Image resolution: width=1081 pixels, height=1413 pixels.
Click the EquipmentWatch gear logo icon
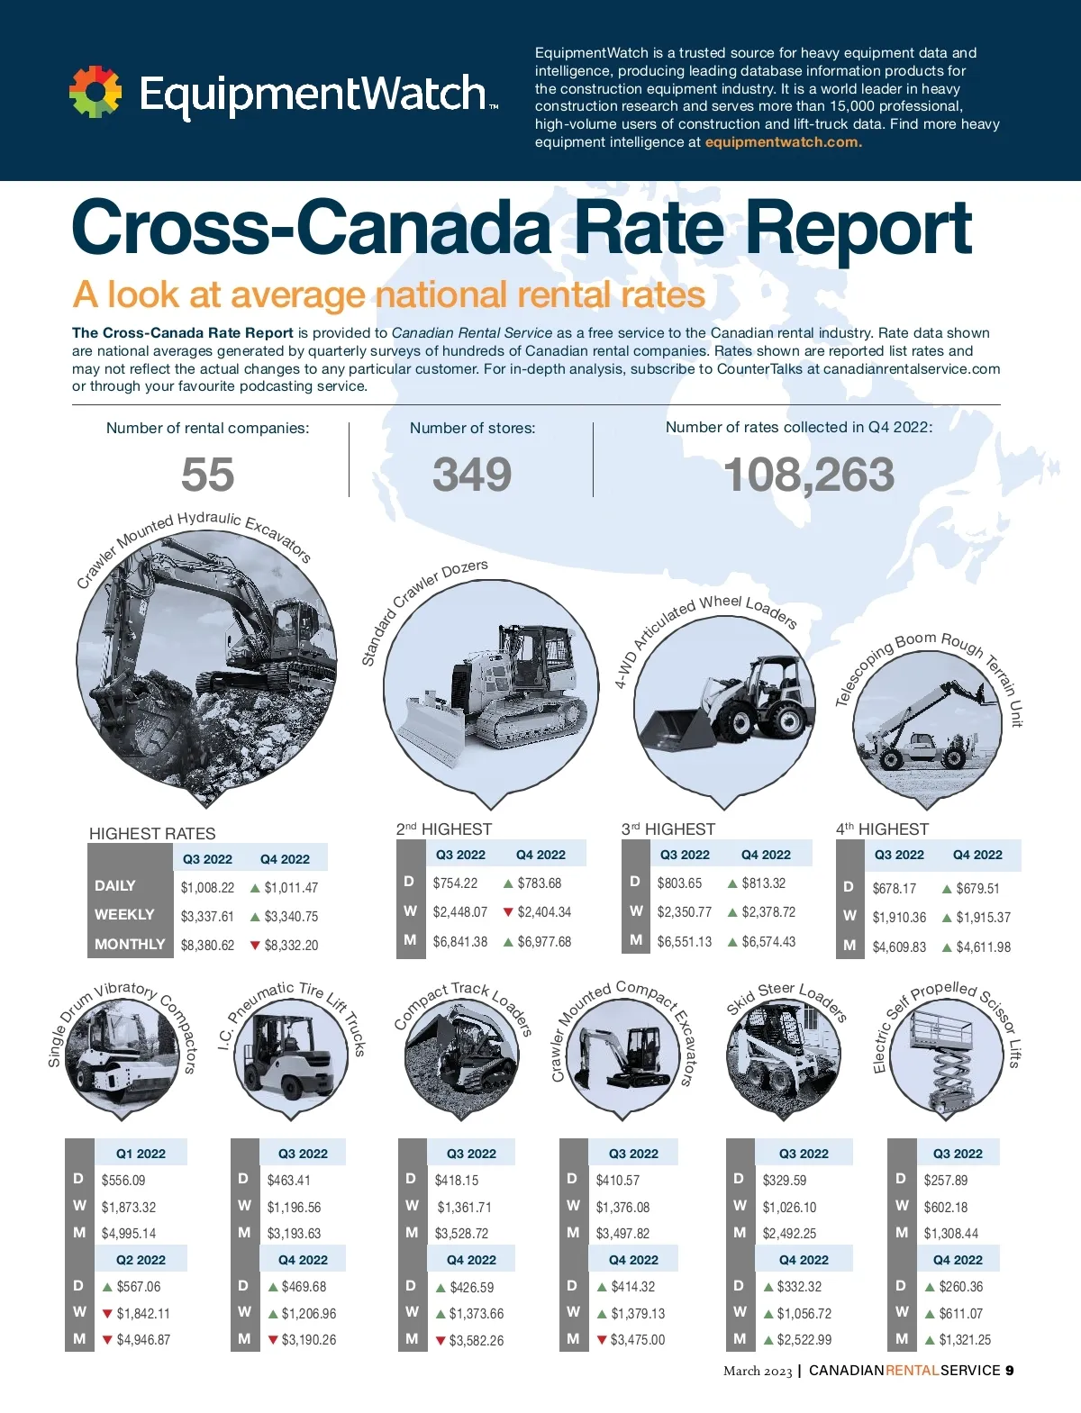[x=95, y=92]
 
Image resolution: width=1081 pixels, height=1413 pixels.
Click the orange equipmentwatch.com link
[x=783, y=142]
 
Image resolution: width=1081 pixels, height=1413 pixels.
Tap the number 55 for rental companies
[x=207, y=475]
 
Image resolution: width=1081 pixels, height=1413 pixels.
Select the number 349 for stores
[x=472, y=475]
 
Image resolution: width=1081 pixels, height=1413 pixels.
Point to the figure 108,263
[x=808, y=475]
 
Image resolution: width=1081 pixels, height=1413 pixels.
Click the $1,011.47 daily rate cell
[x=291, y=888]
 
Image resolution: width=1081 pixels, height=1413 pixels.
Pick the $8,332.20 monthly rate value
[x=291, y=946]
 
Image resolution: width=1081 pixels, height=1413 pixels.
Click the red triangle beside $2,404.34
[x=508, y=912]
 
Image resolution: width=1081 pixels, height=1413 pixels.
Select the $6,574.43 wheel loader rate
[x=768, y=942]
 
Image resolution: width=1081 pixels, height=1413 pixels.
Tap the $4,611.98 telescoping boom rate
[x=983, y=947]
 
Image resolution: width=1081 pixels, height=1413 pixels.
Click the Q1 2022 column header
[x=141, y=1154]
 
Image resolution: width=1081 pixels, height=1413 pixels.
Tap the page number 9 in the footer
[x=1010, y=1371]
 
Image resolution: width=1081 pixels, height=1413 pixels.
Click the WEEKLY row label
[x=124, y=915]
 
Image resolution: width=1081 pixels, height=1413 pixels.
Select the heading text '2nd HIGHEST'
[x=444, y=829]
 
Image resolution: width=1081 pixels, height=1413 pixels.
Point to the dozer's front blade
[x=431, y=730]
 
